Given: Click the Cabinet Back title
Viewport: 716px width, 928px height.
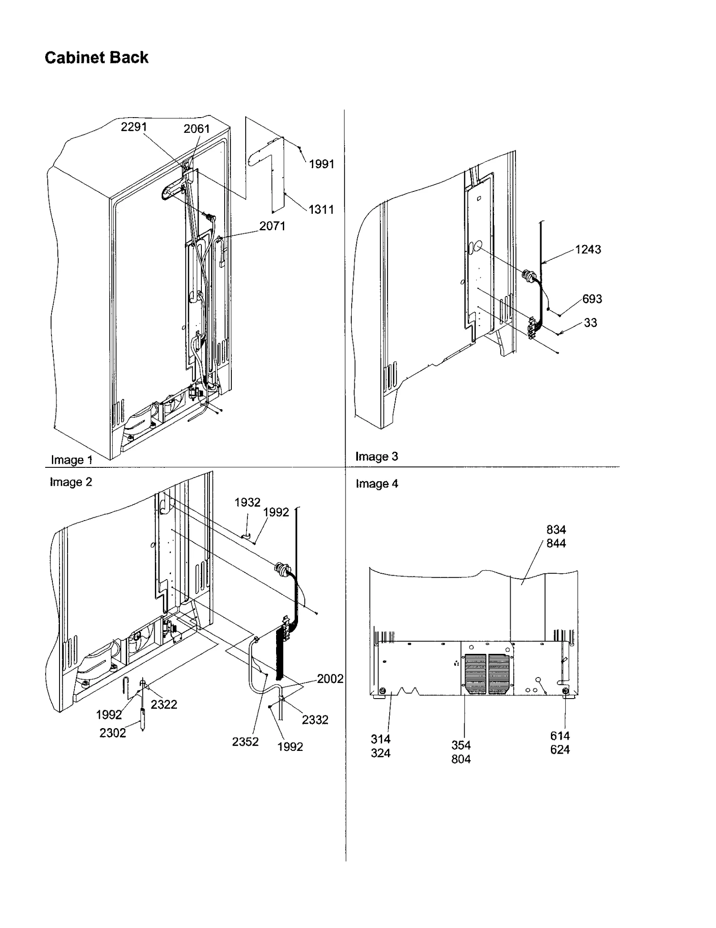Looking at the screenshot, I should pyautogui.click(x=96, y=58).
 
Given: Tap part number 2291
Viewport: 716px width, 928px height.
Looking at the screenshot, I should pyautogui.click(x=134, y=127).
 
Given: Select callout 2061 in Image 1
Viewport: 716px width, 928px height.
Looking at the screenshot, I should pyautogui.click(x=196, y=129).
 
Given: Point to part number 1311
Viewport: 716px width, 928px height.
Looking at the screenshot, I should pyautogui.click(x=321, y=209).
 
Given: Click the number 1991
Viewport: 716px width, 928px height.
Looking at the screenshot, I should pyautogui.click(x=321, y=164).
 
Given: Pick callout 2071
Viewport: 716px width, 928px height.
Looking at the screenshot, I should pyautogui.click(x=272, y=226).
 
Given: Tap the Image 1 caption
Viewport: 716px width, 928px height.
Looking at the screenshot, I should pyautogui.click(x=72, y=460).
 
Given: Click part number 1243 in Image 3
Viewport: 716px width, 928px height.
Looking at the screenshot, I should pyautogui.click(x=588, y=250).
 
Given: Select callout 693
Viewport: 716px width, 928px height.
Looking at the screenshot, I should pyautogui.click(x=592, y=299).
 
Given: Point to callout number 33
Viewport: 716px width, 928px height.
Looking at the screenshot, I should pyautogui.click(x=590, y=323).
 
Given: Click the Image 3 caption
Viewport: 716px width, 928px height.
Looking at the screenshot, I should pyautogui.click(x=376, y=457).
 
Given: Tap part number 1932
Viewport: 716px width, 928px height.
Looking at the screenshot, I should pyautogui.click(x=247, y=502).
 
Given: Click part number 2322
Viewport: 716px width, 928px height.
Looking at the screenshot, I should pyautogui.click(x=164, y=704).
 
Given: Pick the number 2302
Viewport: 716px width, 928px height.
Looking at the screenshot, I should pyautogui.click(x=112, y=733).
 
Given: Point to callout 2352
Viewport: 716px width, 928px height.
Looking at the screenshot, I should pyautogui.click(x=245, y=742).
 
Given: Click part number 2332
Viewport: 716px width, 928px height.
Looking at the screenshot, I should pyautogui.click(x=315, y=720).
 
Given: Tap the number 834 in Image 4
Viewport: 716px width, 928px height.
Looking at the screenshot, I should pyautogui.click(x=556, y=530).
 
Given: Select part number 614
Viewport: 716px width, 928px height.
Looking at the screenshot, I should pyautogui.click(x=559, y=736).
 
